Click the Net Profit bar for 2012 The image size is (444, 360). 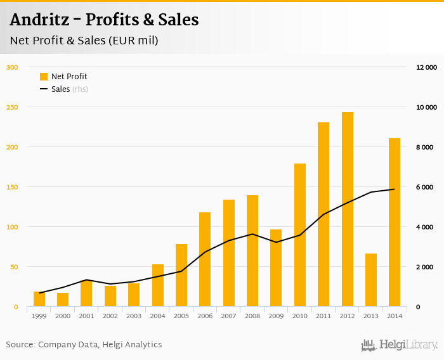[347, 209]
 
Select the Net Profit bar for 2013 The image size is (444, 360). [371, 280]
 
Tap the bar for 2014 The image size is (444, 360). [395, 222]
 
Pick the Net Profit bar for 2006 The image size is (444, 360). [205, 259]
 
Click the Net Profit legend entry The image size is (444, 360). [63, 77]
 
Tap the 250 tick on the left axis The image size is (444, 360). [12, 107]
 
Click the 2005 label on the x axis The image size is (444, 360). [181, 316]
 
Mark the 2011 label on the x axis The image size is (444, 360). [323, 316]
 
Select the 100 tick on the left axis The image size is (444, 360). [12, 227]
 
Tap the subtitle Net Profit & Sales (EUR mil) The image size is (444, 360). [84, 41]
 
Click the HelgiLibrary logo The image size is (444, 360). [399, 345]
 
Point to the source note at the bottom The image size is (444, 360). [84, 345]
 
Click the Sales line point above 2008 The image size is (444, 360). [252, 234]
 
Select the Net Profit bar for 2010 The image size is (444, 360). [300, 235]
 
